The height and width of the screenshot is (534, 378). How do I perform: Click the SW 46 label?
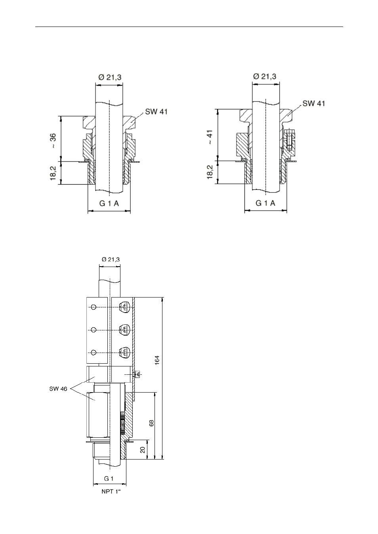[x=58, y=389]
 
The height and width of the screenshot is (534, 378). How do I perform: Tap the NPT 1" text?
[x=111, y=492]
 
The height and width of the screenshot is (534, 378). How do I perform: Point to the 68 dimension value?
[x=151, y=423]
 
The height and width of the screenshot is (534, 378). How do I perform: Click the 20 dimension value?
[x=143, y=450]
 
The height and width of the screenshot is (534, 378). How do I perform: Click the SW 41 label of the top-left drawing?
[x=156, y=112]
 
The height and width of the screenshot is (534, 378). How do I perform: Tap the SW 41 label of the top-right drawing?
[x=313, y=103]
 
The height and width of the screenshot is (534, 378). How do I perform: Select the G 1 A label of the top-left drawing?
[x=109, y=203]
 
